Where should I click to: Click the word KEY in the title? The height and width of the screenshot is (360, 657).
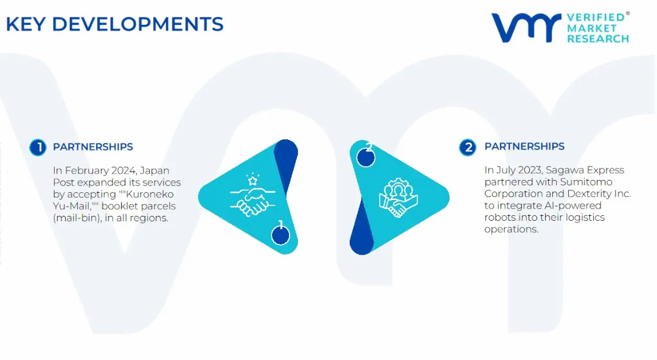(26, 24)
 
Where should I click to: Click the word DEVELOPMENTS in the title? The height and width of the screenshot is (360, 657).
(138, 24)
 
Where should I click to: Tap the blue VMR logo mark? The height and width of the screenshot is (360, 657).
(526, 27)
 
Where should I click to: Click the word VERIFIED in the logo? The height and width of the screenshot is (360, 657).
(596, 18)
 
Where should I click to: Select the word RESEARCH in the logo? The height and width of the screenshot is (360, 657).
(598, 39)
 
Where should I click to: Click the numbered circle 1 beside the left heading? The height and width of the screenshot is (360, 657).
(38, 148)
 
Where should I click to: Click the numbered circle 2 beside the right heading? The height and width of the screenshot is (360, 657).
(468, 148)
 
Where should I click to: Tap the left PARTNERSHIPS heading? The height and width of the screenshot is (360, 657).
(93, 147)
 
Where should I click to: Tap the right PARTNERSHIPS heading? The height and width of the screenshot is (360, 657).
(524, 147)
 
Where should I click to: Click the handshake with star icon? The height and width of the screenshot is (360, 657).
(252, 195)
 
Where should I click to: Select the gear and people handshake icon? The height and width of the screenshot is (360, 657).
(398, 198)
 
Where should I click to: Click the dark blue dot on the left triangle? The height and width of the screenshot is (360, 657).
(280, 235)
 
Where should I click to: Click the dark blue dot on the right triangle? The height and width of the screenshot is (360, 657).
(366, 158)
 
